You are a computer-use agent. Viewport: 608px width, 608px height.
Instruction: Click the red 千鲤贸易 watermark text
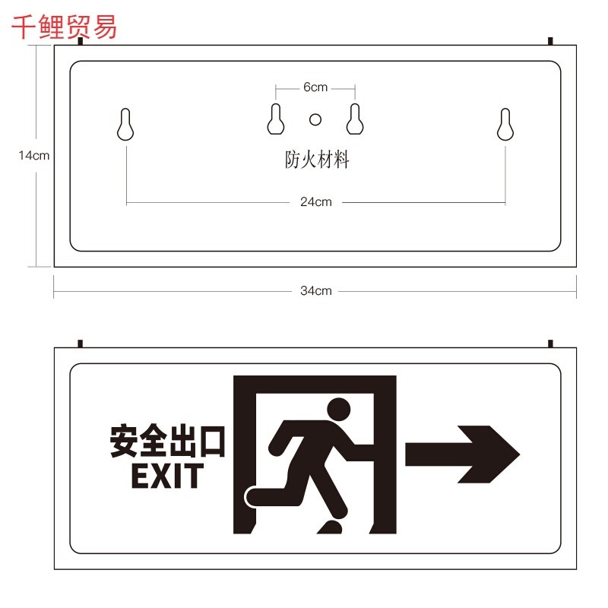[x=64, y=27]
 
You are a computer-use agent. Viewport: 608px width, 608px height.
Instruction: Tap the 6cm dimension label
[x=315, y=87]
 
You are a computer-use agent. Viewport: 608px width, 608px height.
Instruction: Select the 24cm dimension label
[x=316, y=202]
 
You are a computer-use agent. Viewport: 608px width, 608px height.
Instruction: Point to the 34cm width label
[x=316, y=291]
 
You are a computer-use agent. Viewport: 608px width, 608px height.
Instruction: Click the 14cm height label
[x=34, y=156]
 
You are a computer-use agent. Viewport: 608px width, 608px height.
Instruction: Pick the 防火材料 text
[x=317, y=160]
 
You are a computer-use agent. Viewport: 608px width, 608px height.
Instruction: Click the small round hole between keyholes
[x=315, y=119]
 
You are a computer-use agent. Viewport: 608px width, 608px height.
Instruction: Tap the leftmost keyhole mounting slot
[x=125, y=124]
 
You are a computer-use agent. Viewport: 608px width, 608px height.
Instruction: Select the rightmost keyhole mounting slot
[x=505, y=124]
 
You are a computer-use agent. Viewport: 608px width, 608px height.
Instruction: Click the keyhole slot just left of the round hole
[x=276, y=119]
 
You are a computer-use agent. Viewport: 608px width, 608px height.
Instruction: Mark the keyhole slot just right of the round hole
[x=355, y=119]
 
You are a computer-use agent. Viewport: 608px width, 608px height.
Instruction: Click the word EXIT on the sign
[x=167, y=476]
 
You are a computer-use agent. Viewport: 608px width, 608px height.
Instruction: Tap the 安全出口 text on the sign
[x=167, y=442]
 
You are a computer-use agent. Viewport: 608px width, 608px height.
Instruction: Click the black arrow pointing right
[x=462, y=454]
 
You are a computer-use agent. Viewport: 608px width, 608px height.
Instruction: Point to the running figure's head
[x=339, y=410]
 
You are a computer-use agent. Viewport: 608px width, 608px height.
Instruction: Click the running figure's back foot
[x=253, y=497]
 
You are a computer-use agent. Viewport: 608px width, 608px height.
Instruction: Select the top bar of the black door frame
[x=315, y=385]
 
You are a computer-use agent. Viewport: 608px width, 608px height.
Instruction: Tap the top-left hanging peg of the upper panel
[x=81, y=41]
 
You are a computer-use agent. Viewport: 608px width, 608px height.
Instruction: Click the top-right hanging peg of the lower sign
[x=550, y=344]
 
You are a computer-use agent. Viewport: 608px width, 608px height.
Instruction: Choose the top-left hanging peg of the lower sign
[x=81, y=344]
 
